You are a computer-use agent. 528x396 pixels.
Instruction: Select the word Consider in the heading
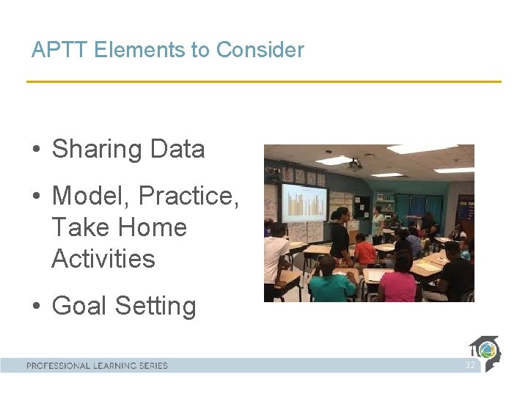260,50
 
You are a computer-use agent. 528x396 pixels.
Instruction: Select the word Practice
188,197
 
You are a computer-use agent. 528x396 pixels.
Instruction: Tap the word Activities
103,259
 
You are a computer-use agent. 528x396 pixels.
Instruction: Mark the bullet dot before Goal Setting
35,307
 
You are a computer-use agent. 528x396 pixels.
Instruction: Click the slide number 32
469,365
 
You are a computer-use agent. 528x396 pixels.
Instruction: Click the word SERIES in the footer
151,365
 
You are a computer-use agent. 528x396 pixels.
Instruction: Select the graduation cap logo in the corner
485,352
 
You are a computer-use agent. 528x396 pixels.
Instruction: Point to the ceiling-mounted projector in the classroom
355,165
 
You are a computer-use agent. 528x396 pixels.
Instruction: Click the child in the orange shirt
364,252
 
